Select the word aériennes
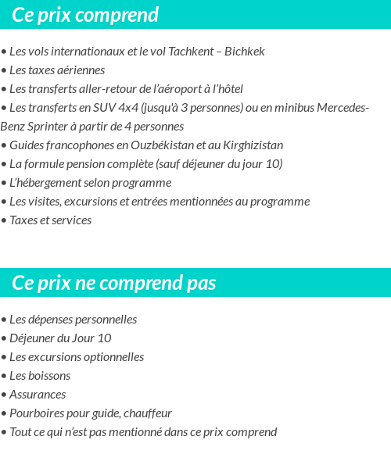[77, 70]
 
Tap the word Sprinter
[53, 127]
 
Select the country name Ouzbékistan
[158, 145]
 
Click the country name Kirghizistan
[247, 145]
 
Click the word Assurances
[38, 395]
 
